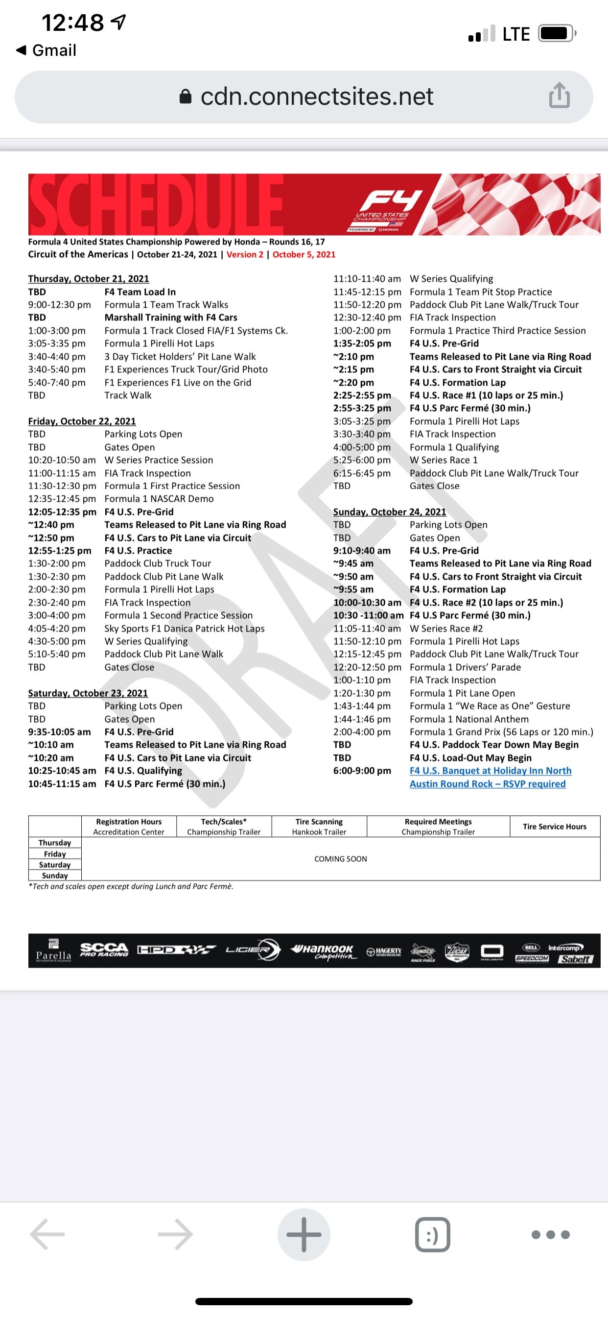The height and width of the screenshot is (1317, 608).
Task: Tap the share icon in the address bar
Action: coord(559,96)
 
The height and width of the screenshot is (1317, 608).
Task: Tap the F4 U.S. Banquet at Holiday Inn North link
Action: coord(490,771)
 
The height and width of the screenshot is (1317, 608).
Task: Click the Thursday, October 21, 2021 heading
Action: coord(89,279)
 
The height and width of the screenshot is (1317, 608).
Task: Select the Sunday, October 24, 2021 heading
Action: coord(389,512)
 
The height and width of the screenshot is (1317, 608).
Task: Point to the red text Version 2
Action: coord(245,255)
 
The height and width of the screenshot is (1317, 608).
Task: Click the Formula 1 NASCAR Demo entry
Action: coord(159,498)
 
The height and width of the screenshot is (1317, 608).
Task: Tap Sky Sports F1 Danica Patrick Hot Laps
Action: coord(185,628)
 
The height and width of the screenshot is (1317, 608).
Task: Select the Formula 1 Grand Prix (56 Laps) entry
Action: coord(501,732)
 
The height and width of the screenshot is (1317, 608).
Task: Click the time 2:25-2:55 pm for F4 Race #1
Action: coord(362,395)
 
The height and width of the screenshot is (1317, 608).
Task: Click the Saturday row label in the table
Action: coord(55,865)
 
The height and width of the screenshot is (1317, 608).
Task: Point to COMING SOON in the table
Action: coord(340,859)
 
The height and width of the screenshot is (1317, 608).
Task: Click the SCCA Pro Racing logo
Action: coord(104,950)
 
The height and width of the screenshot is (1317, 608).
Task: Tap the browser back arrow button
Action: coord(47,1235)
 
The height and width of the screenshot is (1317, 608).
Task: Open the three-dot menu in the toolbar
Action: coord(550,1235)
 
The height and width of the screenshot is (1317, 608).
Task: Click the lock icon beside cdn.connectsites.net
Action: coord(186,97)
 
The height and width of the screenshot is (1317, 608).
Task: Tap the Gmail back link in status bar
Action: coord(47,50)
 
